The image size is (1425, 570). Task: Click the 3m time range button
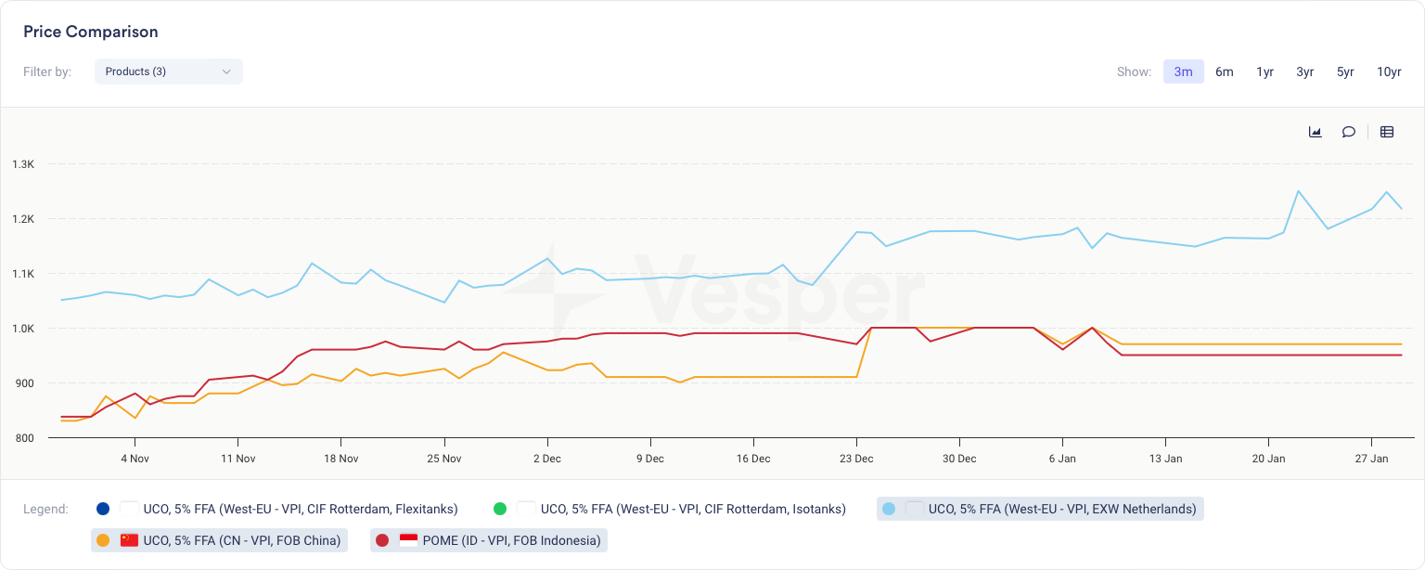pyautogui.click(x=1183, y=71)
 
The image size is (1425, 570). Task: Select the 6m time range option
pyautogui.click(x=1225, y=71)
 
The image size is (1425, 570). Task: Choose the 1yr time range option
pyautogui.click(x=1265, y=71)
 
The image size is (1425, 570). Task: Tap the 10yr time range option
pyautogui.click(x=1389, y=71)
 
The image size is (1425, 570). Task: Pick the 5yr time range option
pyautogui.click(x=1345, y=71)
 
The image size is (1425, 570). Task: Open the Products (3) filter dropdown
pyautogui.click(x=168, y=71)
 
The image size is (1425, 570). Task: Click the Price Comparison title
pyautogui.click(x=91, y=32)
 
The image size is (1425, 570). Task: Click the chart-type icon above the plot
pyautogui.click(x=1315, y=132)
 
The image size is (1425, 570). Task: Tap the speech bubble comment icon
pyautogui.click(x=1349, y=132)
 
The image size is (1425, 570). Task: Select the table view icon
pyautogui.click(x=1387, y=132)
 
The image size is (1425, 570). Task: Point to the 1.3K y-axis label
pyautogui.click(x=23, y=164)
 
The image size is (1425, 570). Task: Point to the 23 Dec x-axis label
pyautogui.click(x=856, y=459)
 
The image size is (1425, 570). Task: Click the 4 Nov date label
pyautogui.click(x=135, y=459)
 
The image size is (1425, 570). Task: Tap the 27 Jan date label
pyautogui.click(x=1372, y=459)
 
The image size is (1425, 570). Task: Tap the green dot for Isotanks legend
pyautogui.click(x=500, y=509)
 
